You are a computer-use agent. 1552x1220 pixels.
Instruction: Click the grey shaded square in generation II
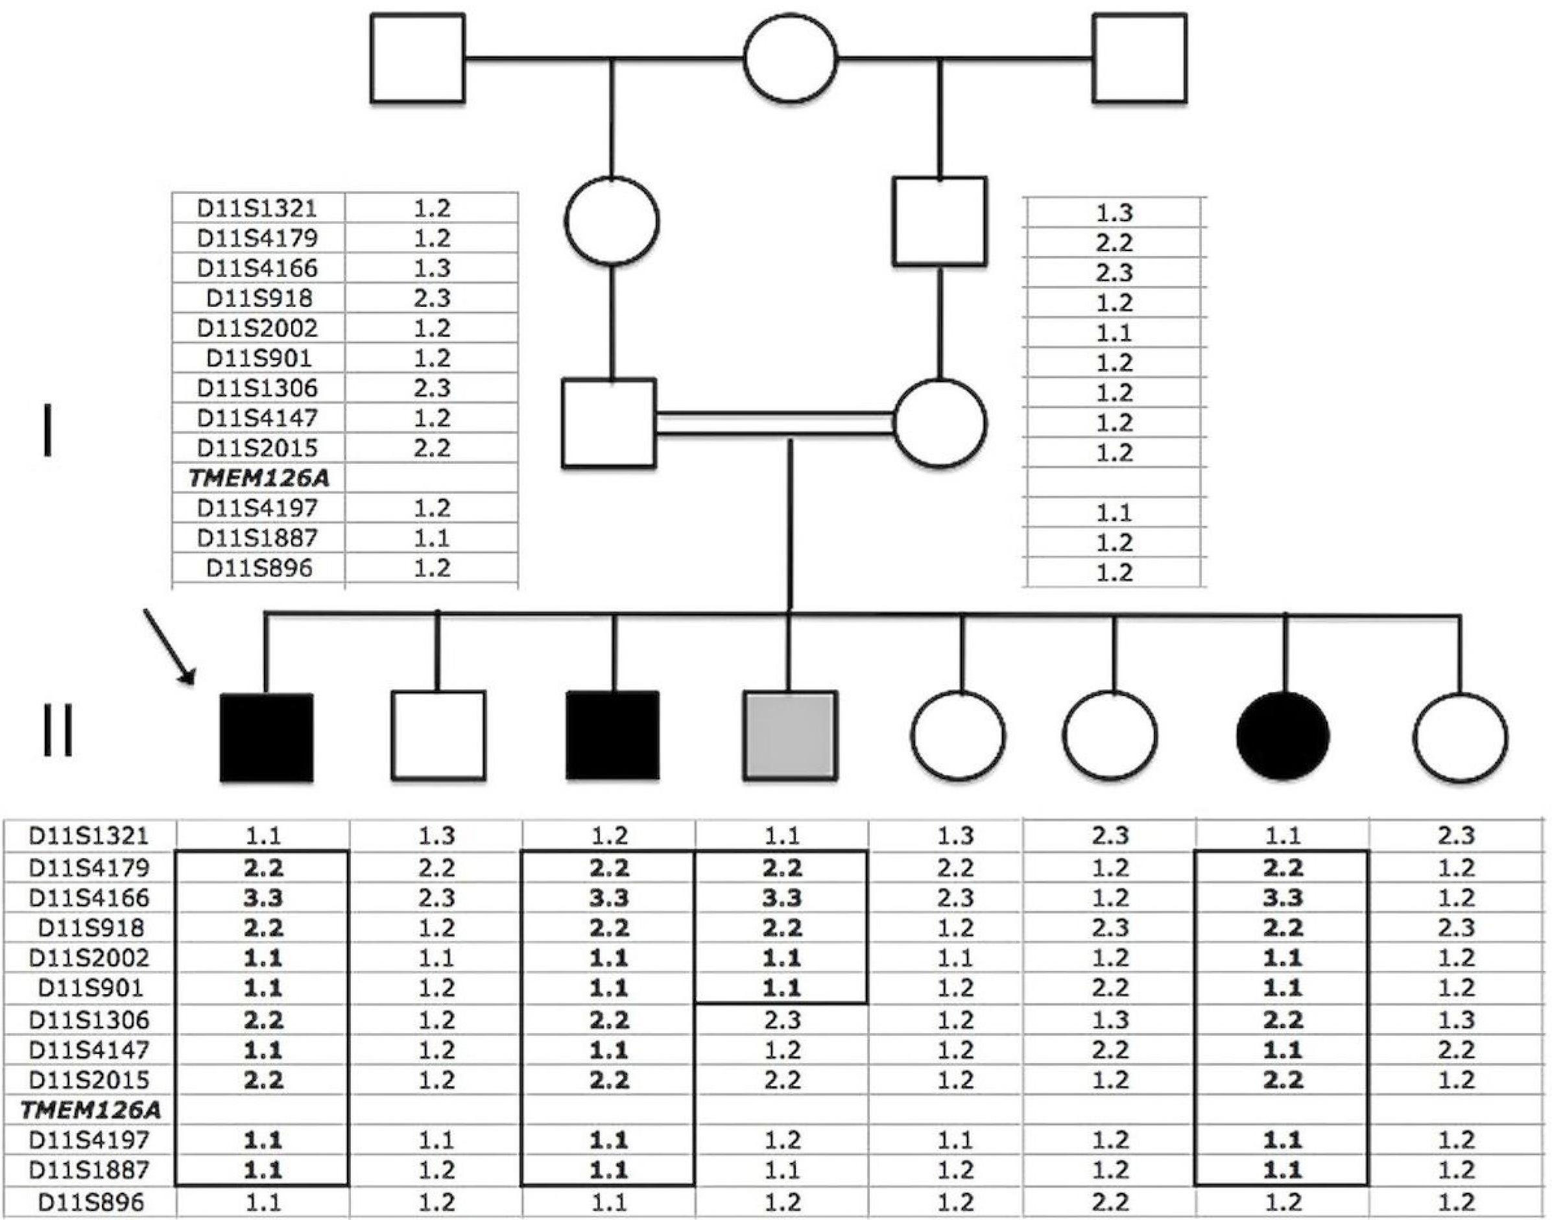tap(789, 735)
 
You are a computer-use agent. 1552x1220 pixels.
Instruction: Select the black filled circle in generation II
tap(1283, 736)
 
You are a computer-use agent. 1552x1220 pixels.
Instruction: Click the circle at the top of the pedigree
tap(790, 58)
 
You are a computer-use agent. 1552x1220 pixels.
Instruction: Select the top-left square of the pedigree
tap(417, 58)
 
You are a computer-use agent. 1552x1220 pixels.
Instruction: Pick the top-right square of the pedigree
tap(1139, 58)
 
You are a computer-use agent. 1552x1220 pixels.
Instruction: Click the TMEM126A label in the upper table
tap(259, 478)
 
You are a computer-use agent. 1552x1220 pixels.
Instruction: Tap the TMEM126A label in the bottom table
tap(91, 1109)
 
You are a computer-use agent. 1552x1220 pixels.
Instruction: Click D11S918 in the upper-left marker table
tap(259, 298)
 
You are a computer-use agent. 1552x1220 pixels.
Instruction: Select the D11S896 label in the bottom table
tap(91, 1202)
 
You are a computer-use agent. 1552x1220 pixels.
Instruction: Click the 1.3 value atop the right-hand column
tap(1114, 212)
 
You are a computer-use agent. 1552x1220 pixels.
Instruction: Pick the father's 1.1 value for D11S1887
tap(431, 538)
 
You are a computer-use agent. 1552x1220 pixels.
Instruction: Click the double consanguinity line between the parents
tap(774, 423)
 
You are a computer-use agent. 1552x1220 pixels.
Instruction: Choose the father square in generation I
tap(608, 423)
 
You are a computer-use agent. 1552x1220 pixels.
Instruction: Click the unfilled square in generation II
tap(438, 735)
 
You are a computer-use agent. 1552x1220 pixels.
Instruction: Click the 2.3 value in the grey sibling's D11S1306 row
tap(782, 1020)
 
